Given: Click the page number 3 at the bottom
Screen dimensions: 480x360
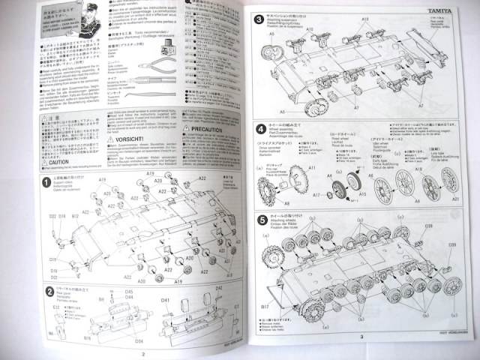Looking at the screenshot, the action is [361, 337].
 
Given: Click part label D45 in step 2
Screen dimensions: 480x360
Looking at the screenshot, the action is [129, 292].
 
